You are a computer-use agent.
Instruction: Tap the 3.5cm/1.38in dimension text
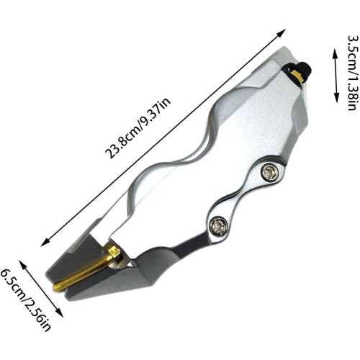[x=354, y=73]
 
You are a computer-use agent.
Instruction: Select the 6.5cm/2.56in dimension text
[x=25, y=300]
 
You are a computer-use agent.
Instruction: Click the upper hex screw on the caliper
[x=269, y=171]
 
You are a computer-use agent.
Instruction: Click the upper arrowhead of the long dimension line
[x=282, y=33]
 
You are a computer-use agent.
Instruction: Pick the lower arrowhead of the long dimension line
[x=45, y=242]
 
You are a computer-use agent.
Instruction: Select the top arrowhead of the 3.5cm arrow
[x=334, y=53]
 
